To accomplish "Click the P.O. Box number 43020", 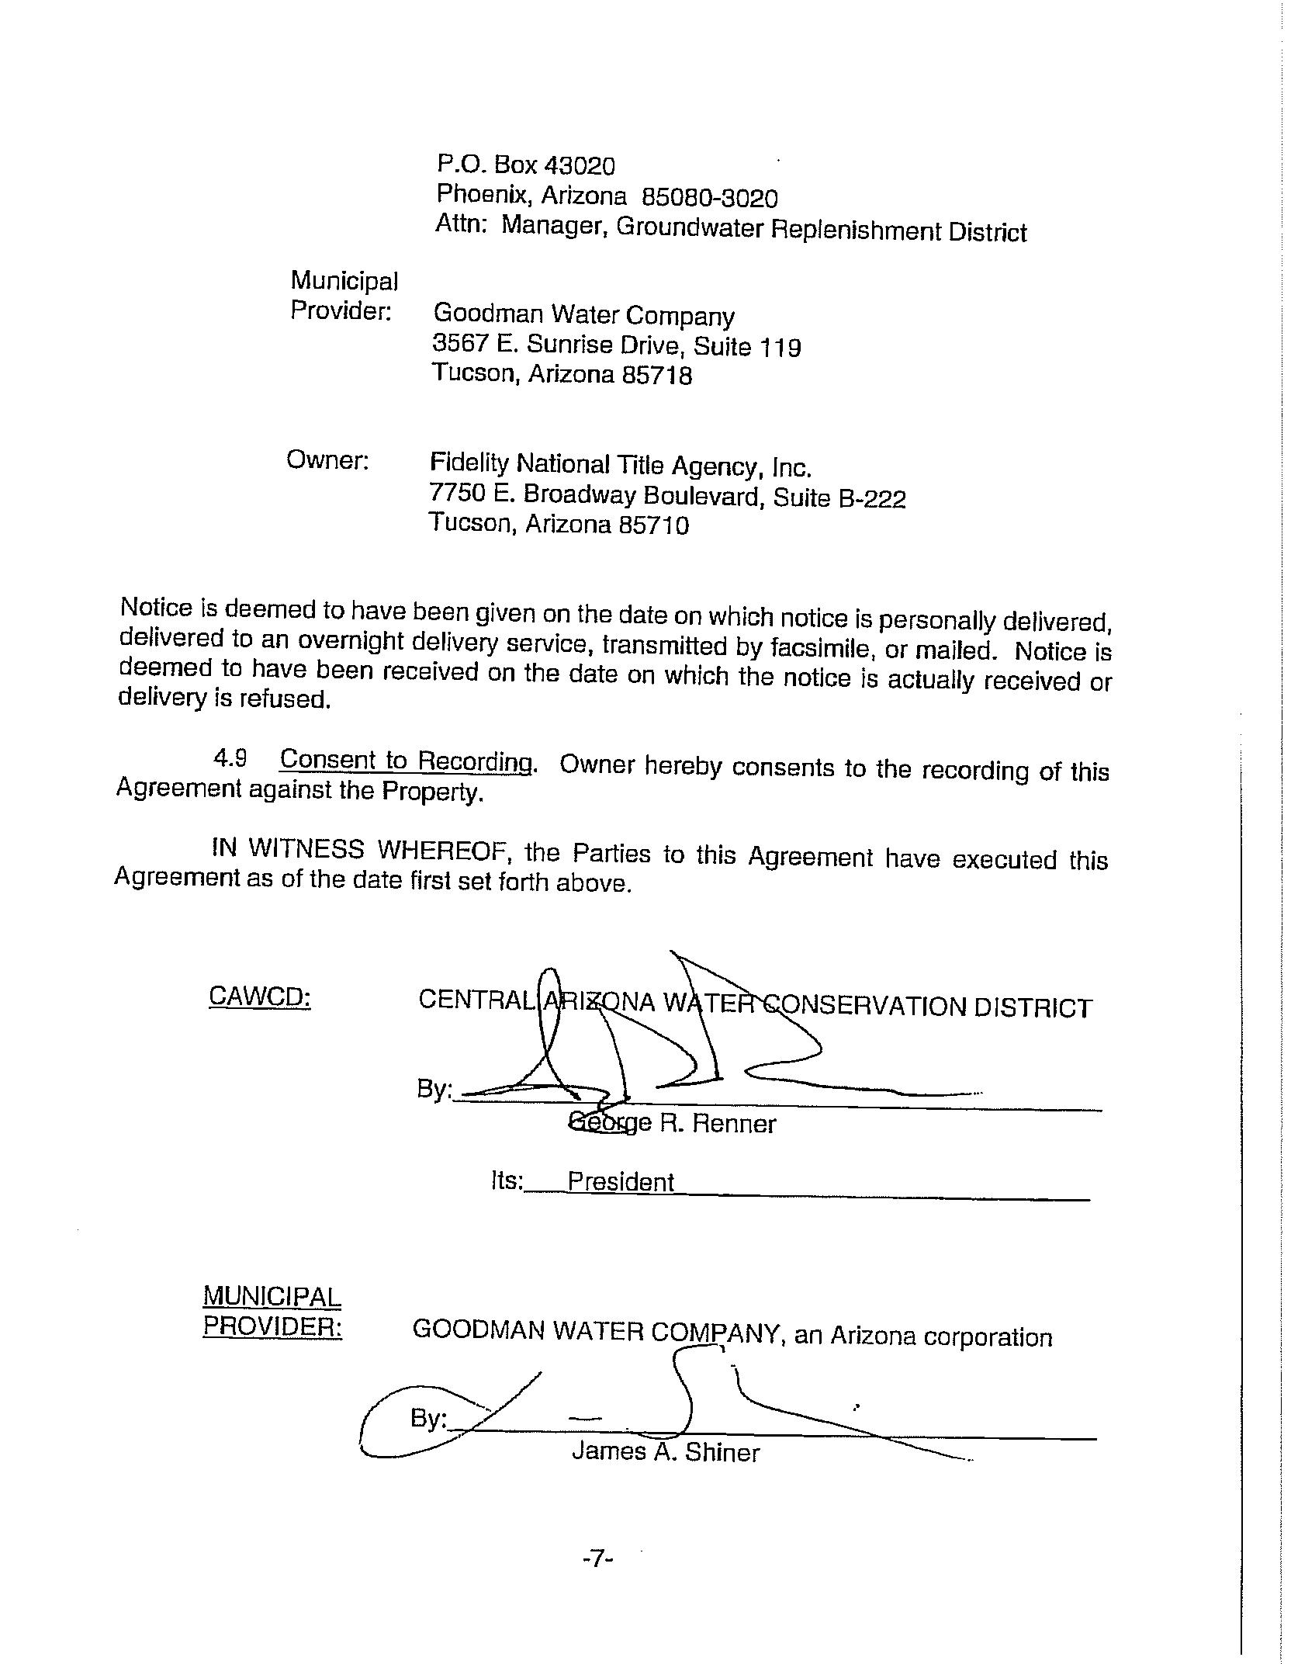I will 580,166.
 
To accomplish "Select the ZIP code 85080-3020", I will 710,199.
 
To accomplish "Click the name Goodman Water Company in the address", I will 583,315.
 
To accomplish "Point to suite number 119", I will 779,346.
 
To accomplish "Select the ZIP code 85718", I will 656,376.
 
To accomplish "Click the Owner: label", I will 327,460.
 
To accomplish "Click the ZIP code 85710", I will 653,526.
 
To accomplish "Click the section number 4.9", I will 230,758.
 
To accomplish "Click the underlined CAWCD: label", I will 260,997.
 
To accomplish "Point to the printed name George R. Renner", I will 672,1123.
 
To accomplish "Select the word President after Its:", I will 621,1181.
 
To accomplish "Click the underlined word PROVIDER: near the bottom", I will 272,1326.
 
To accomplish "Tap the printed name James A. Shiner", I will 666,1451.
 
